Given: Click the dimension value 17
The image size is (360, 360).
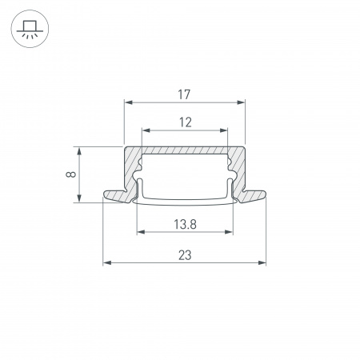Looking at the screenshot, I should pos(184,94).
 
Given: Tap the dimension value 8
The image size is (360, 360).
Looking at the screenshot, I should pos(72,174).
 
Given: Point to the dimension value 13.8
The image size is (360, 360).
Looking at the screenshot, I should pos(185,225).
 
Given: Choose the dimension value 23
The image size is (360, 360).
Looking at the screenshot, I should pos(185,255).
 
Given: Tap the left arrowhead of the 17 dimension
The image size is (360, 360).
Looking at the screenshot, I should pos(127,102).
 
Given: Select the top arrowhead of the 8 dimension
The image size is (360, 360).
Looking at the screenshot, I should pos(79,150).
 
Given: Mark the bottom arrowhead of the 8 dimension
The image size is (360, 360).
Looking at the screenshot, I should pos(79,199).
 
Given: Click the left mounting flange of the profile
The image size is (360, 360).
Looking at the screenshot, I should pos(117,195).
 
